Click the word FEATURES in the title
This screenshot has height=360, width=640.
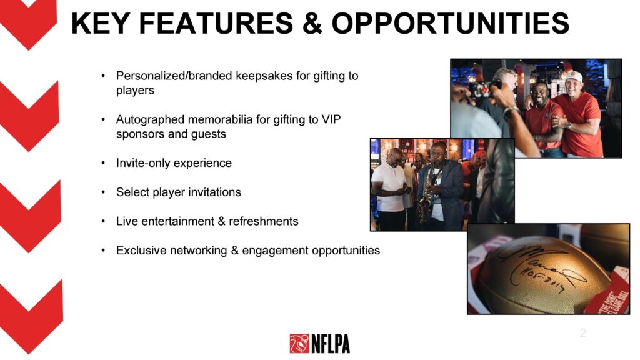coord(216,23)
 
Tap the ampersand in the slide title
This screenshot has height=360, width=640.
coord(312,23)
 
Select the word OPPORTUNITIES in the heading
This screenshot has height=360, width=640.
coord(451,23)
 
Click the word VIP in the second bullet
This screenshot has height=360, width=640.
coord(331,119)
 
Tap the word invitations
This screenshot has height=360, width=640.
coord(213,192)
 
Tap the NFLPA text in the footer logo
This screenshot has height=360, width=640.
coord(331,344)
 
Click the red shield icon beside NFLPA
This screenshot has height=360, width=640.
coord(299,344)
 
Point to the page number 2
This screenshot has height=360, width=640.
coord(583,333)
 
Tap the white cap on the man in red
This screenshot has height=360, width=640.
coord(574,76)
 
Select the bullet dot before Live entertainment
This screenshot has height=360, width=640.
coord(103,222)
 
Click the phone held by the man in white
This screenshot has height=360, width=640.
coord(406,191)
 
